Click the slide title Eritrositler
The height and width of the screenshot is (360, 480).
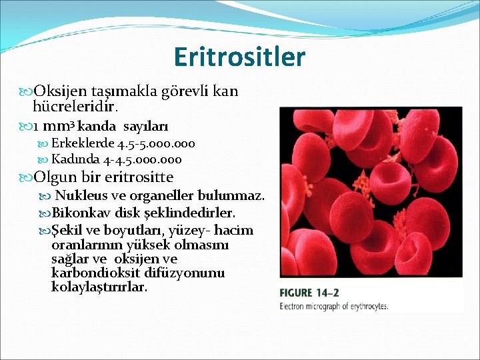pyautogui.click(x=239, y=57)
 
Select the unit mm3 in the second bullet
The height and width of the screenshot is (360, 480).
pyautogui.click(x=61, y=126)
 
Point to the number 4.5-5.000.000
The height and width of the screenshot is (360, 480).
pyautogui.click(x=156, y=143)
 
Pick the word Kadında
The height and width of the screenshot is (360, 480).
pyautogui.click(x=75, y=159)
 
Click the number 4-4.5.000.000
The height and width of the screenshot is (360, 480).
pyautogui.click(x=141, y=159)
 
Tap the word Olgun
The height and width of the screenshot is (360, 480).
pyautogui.click(x=55, y=177)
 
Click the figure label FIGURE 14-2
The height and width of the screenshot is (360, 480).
pyautogui.click(x=309, y=293)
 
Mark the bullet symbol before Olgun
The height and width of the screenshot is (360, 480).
pyautogui.click(x=27, y=178)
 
